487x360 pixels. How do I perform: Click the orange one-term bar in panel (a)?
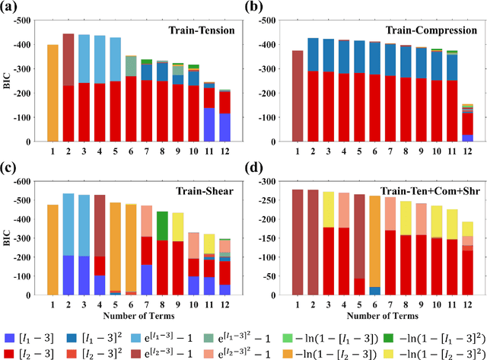point(53,93)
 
